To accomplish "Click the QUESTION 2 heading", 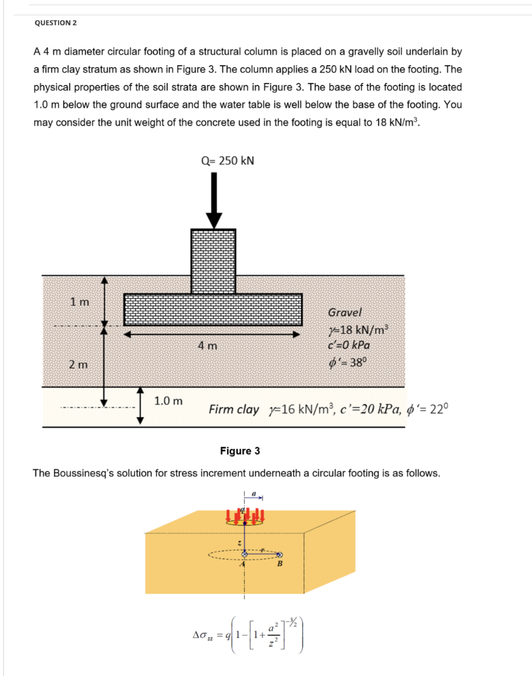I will (x=55, y=22).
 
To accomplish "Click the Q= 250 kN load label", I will (x=227, y=160).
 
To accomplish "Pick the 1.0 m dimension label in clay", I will (x=168, y=401).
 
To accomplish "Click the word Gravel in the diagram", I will (x=345, y=312).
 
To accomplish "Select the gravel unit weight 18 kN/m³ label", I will (x=359, y=329).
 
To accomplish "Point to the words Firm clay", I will (x=234, y=409).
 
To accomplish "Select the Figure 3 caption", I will (x=240, y=451).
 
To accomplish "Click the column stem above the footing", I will (x=213, y=261).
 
